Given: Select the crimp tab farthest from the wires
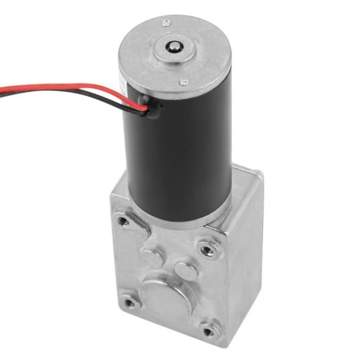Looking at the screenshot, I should pos(166,22).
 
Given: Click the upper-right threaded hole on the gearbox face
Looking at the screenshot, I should pos(206,250).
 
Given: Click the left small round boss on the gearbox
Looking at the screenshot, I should pos(151,256).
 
